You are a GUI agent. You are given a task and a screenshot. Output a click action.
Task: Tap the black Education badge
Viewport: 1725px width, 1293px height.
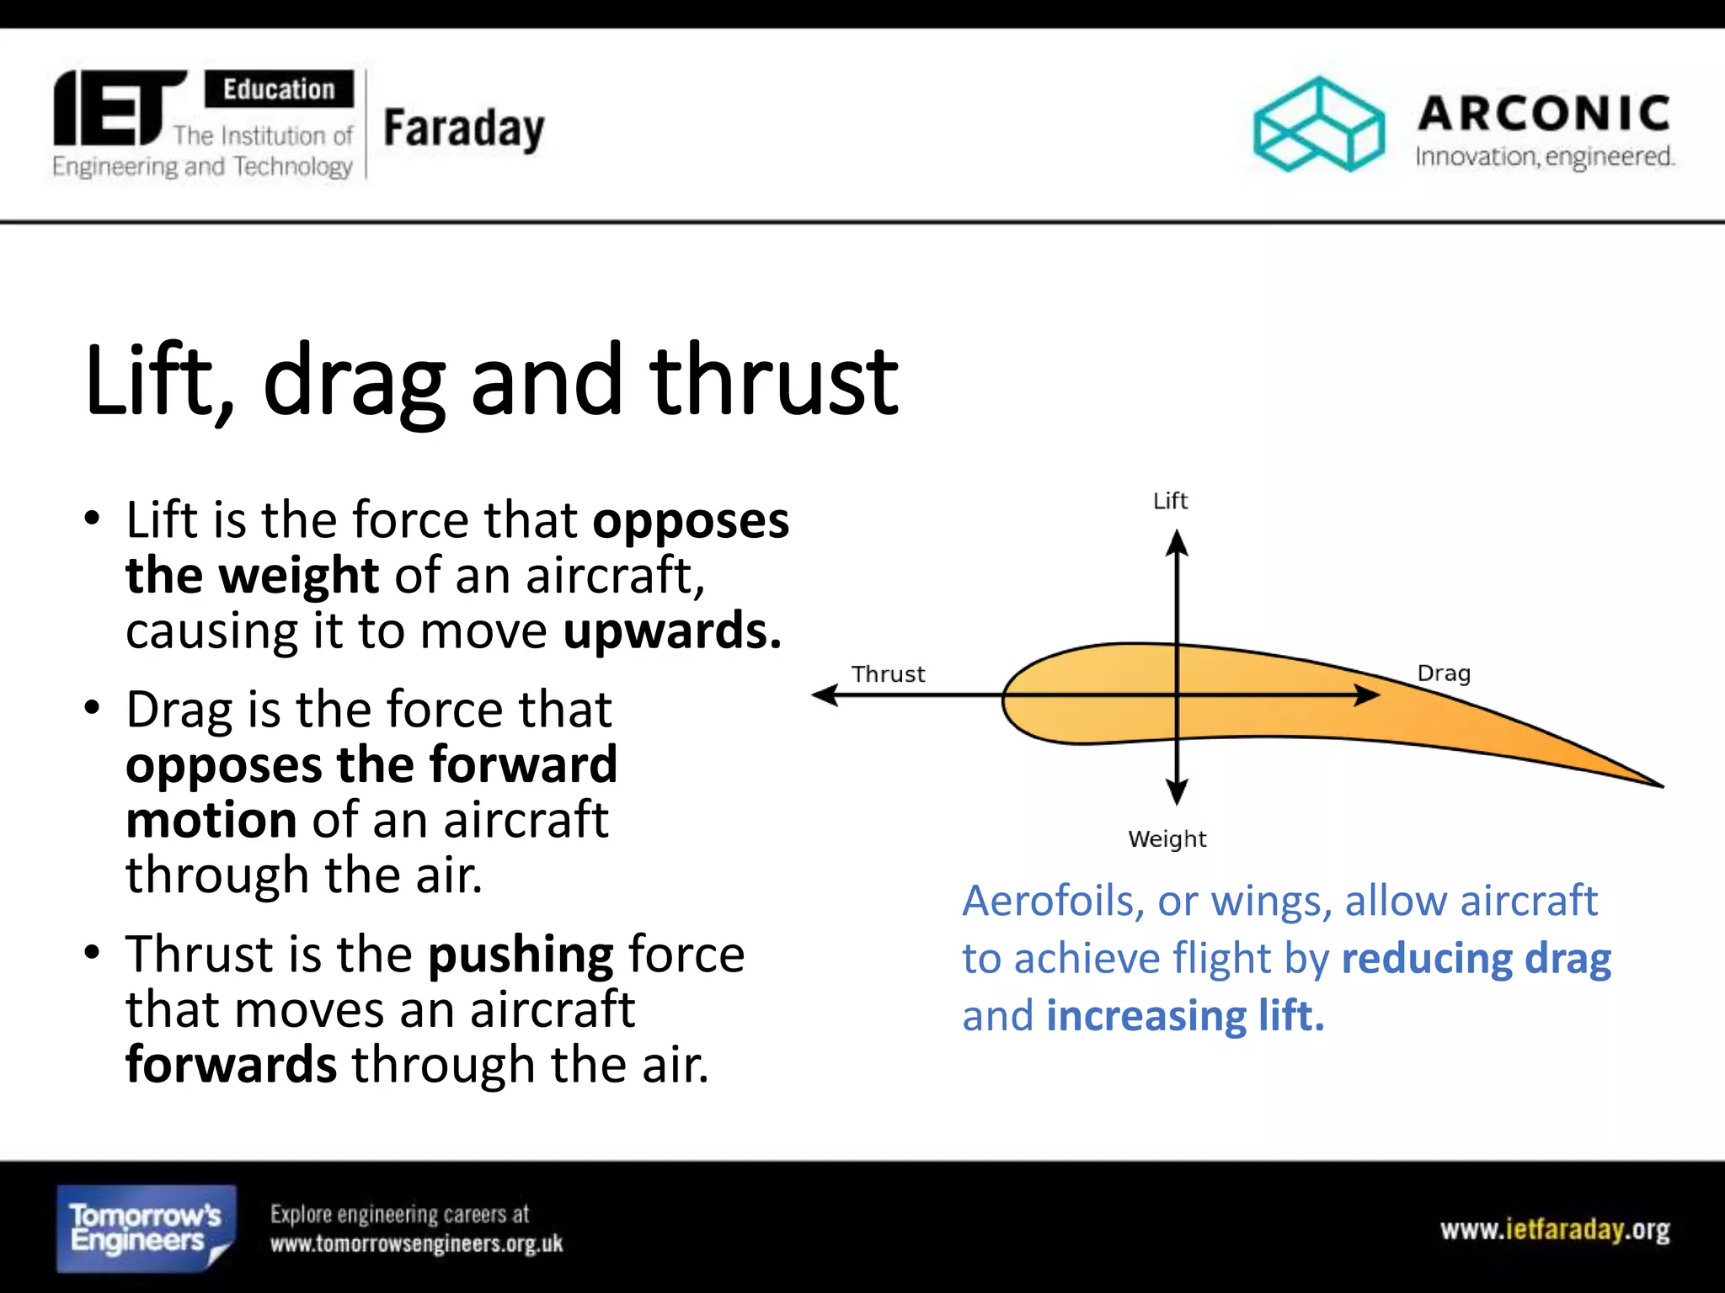click(x=279, y=89)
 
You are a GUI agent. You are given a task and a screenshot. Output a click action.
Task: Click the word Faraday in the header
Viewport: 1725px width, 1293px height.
click(x=464, y=129)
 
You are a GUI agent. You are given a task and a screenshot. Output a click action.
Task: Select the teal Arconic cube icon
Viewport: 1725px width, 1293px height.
click(x=1318, y=125)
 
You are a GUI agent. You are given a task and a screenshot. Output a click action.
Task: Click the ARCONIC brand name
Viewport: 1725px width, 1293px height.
click(x=1544, y=114)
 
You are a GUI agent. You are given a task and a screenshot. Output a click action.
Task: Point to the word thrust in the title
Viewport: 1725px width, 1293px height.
click(x=773, y=381)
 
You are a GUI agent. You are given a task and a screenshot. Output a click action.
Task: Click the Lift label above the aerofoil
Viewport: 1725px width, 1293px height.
click(x=1170, y=501)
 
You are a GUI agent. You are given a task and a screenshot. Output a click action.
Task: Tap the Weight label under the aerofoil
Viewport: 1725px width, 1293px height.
click(x=1167, y=838)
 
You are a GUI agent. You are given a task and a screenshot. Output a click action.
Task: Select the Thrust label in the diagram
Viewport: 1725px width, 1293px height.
click(x=888, y=674)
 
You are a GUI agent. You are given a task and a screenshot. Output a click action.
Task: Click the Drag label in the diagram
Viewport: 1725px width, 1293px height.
click(x=1444, y=673)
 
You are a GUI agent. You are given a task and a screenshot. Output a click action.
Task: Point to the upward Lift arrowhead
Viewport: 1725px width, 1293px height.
click(x=1177, y=543)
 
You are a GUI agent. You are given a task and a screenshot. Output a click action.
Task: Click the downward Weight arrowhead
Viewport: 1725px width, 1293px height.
click(x=1177, y=792)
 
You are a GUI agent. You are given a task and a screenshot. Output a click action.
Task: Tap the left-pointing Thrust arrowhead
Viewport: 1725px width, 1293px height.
click(x=825, y=694)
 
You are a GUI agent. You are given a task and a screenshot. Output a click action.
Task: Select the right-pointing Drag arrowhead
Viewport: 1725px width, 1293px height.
click(x=1367, y=694)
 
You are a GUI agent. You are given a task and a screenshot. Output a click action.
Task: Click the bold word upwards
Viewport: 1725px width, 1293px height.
click(x=671, y=631)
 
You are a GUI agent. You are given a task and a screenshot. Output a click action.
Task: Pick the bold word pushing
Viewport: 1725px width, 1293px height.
click(x=521, y=955)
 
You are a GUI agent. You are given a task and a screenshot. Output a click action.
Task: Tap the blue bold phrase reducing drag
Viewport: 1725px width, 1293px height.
click(x=1476, y=959)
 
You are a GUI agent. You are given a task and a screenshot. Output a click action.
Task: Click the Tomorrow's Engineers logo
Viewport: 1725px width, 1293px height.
click(x=146, y=1228)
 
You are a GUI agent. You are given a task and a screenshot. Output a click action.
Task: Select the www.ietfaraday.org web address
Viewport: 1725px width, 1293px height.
click(x=1554, y=1230)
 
